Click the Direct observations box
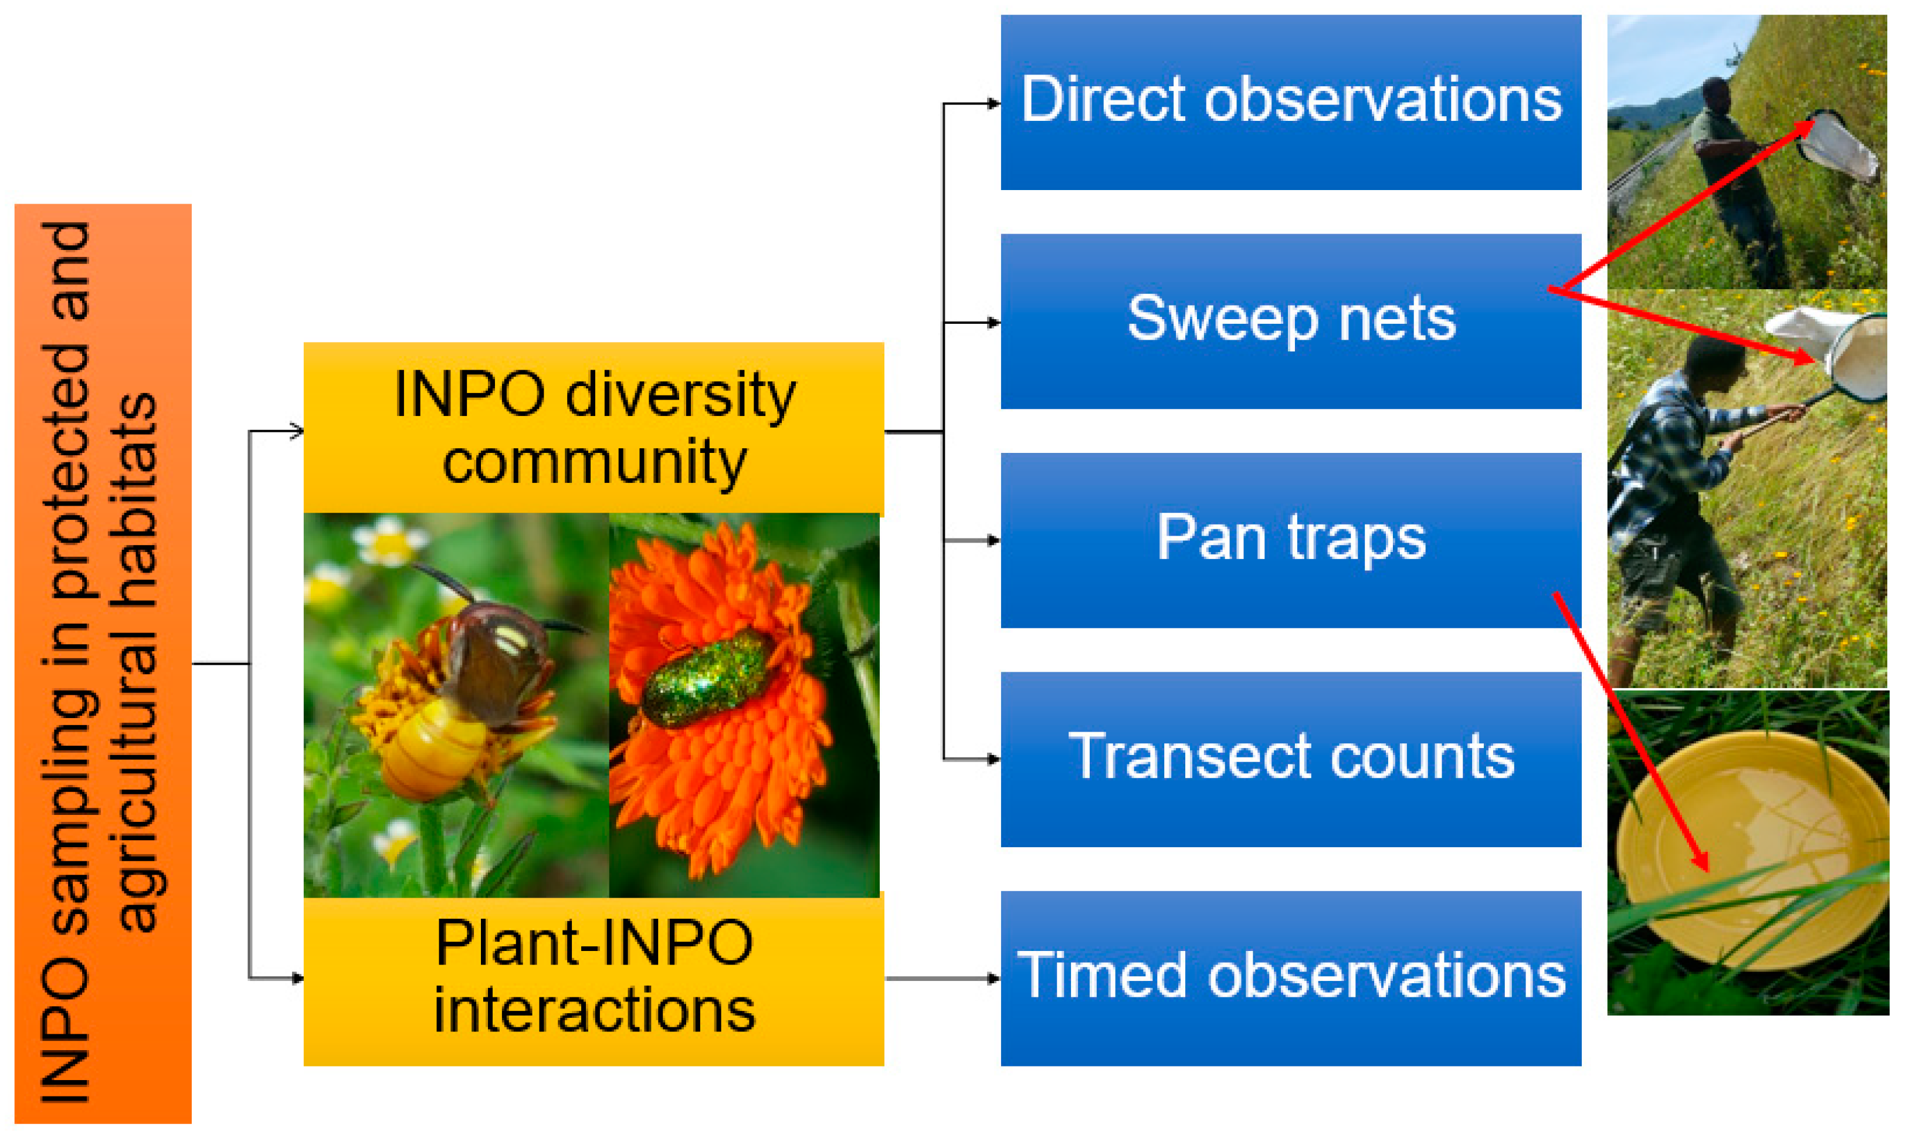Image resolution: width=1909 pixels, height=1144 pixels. pos(1290,101)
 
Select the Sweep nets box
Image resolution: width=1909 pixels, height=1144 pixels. pos(1290,321)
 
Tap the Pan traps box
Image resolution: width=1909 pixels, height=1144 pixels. pos(1290,540)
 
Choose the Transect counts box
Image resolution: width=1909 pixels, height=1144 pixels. pos(1290,759)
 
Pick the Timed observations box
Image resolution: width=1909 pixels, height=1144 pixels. pos(1290,977)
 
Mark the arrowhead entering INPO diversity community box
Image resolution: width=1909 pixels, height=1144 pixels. pos(297,431)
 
